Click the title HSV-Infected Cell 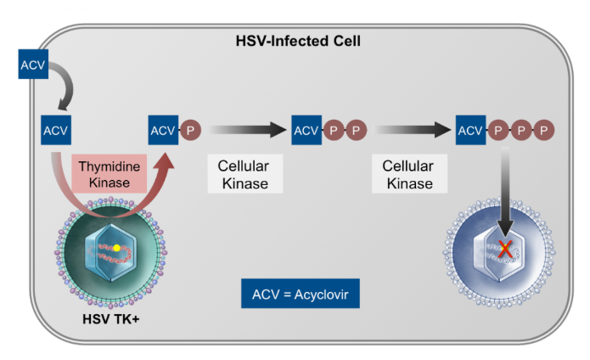(x=295, y=40)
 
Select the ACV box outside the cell (x=32, y=64)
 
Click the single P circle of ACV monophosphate (x=189, y=131)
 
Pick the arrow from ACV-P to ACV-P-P (x=247, y=131)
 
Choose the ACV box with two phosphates (x=306, y=131)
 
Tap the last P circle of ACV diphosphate (x=355, y=131)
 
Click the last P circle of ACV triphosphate (x=545, y=131)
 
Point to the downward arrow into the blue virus (x=506, y=191)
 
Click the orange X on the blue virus (x=505, y=250)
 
